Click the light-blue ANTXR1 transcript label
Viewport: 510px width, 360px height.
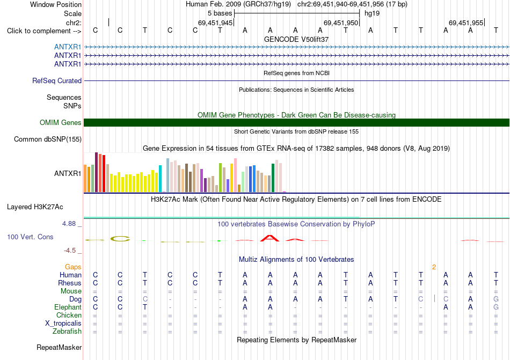point(68,47)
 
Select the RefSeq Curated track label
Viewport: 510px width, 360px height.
point(57,80)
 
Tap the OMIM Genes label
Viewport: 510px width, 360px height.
point(61,122)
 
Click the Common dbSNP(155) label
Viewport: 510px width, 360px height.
point(48,139)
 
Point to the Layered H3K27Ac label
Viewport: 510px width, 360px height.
point(35,207)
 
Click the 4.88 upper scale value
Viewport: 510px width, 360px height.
point(69,224)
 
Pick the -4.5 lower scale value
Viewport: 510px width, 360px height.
point(70,250)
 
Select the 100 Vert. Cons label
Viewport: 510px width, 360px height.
point(30,237)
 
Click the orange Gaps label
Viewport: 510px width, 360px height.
point(73,267)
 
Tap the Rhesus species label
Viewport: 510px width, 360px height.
point(70,283)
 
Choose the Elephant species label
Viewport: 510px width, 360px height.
point(68,307)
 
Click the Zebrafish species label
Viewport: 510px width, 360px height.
point(67,331)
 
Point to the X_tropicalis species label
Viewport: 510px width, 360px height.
point(63,324)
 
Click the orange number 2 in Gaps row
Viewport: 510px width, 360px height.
point(434,267)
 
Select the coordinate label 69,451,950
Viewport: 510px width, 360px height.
point(341,23)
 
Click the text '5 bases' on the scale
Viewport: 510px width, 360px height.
point(220,13)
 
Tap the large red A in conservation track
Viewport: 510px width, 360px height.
point(269,238)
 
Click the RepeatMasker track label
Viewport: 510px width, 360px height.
point(59,347)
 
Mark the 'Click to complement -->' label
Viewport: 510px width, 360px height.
point(44,31)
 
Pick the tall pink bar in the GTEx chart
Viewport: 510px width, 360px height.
point(236,175)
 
